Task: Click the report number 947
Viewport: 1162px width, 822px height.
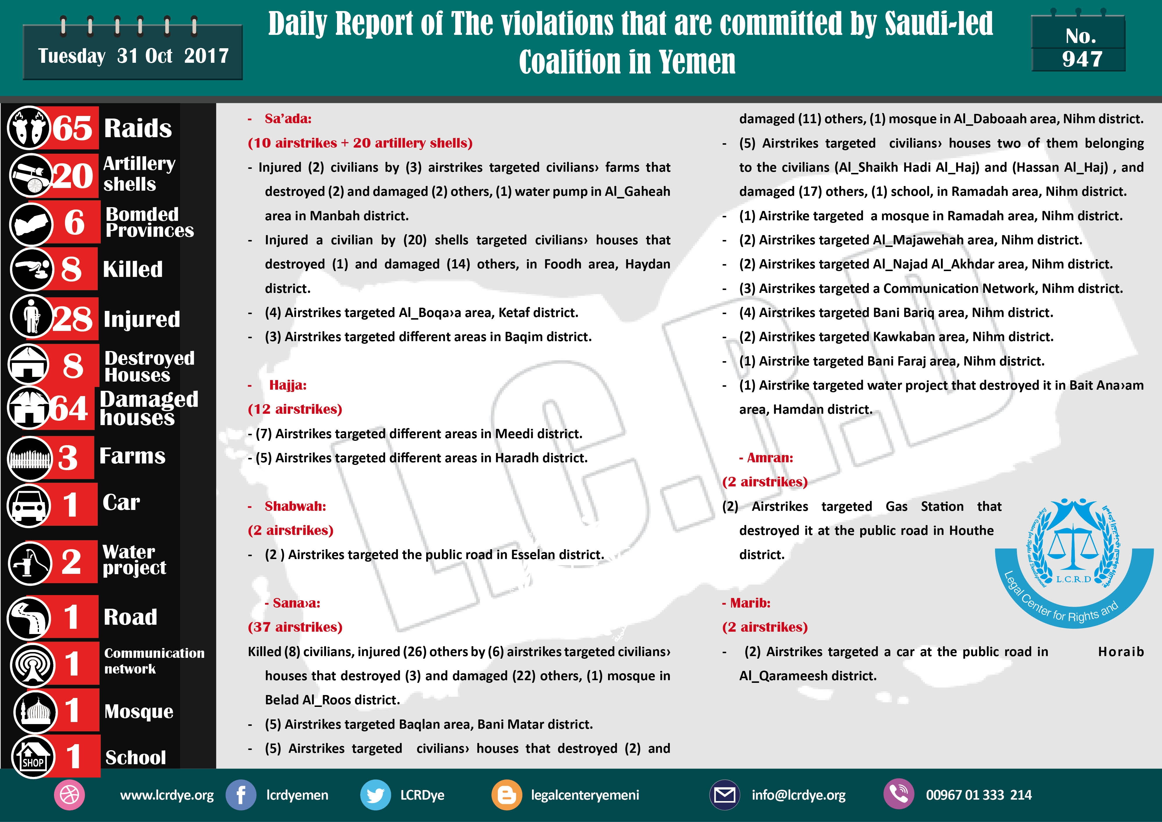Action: (1082, 59)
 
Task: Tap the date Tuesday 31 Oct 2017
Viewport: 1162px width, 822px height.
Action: (133, 56)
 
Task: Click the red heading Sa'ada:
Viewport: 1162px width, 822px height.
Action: (288, 119)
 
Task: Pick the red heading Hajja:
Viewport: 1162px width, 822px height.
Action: (288, 385)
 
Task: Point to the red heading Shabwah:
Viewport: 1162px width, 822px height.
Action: (295, 506)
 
